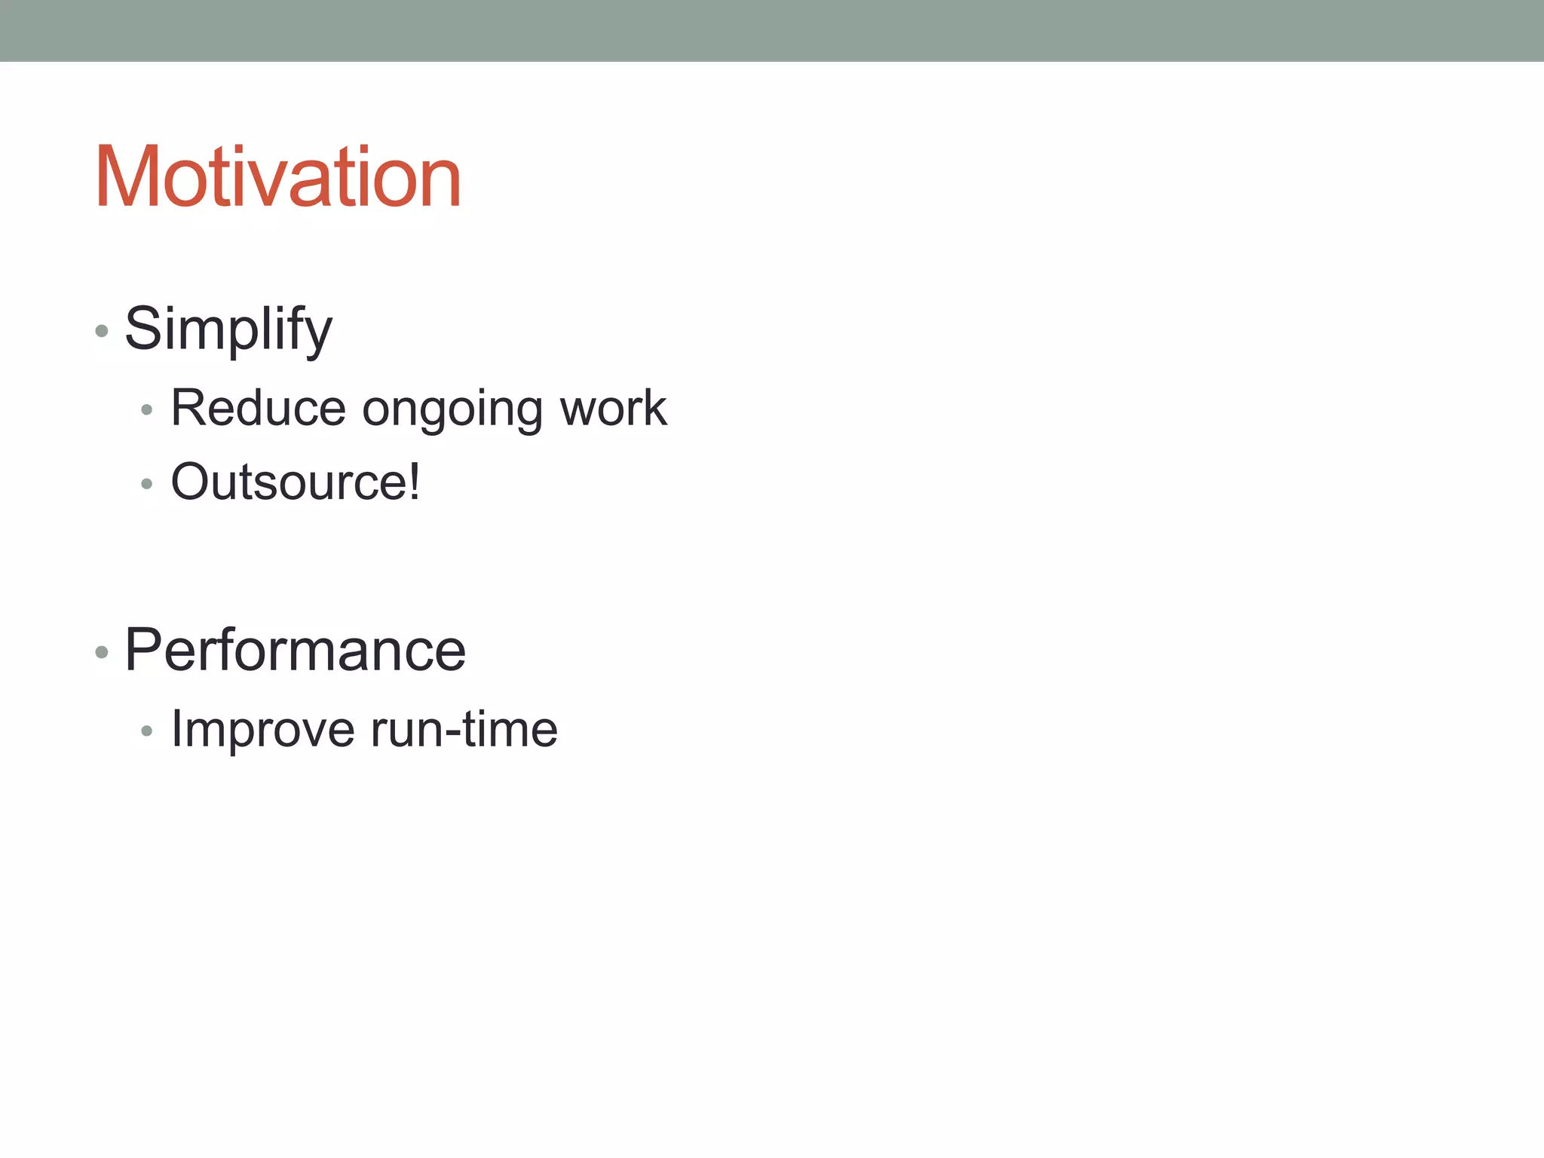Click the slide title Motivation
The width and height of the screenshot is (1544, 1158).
[x=277, y=177]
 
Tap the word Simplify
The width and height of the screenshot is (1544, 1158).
[x=228, y=329]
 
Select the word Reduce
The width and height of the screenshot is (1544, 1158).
[x=258, y=408]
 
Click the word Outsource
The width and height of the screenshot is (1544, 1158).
[x=289, y=482]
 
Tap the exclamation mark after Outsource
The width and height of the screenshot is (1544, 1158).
[x=414, y=480]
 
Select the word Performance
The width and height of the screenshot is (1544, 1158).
[x=295, y=650]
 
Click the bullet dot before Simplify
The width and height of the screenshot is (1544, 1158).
[x=102, y=330]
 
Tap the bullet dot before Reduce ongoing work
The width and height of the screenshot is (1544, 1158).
[x=147, y=410]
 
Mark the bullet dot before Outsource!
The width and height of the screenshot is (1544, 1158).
[x=147, y=483]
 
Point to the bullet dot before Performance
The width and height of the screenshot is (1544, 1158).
[x=102, y=651]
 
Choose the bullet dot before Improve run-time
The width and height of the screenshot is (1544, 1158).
[x=147, y=731]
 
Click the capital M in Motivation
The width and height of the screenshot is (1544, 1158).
[x=127, y=177]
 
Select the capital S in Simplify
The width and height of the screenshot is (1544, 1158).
[x=143, y=329]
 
